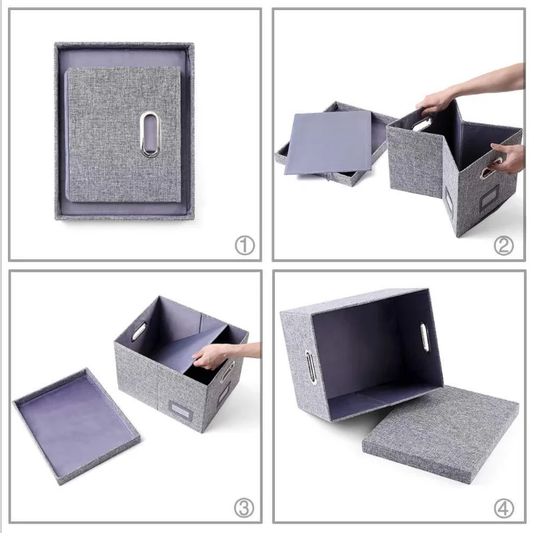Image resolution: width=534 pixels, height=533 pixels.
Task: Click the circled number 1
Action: (245, 246)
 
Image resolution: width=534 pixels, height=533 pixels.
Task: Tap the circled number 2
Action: (503, 246)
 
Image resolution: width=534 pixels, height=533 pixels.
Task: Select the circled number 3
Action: (245, 508)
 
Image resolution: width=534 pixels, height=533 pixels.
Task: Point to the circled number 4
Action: (504, 508)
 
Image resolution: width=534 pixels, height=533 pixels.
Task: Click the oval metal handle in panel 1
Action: (150, 133)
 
